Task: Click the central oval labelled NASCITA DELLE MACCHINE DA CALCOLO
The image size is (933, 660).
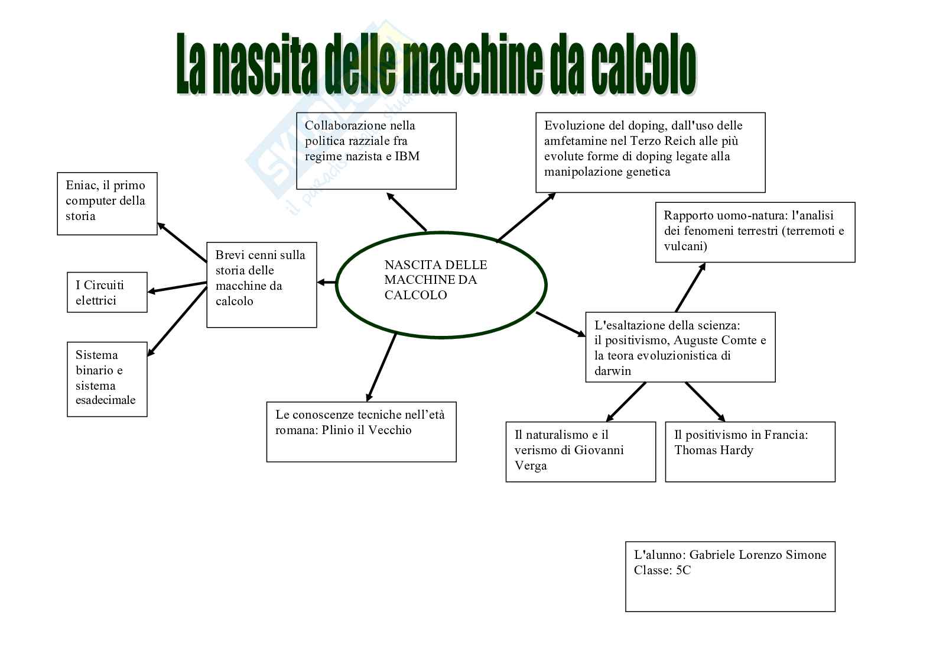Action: [x=441, y=284]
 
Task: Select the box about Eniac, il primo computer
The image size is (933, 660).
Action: [x=107, y=203]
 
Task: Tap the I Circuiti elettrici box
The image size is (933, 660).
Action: [x=107, y=292]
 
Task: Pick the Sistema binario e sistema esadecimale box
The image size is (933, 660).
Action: [x=107, y=379]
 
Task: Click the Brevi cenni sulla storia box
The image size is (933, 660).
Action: [x=261, y=284]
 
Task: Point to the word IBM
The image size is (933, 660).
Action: [x=407, y=157]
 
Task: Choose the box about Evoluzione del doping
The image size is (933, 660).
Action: [x=650, y=152]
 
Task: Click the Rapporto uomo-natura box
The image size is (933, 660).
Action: [x=755, y=232]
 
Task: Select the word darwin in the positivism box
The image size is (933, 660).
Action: [x=613, y=371]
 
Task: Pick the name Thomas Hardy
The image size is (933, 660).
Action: [x=714, y=451]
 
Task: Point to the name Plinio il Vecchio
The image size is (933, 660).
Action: [x=366, y=431]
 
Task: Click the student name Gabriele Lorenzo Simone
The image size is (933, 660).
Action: [x=758, y=555]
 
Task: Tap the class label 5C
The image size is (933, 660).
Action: [x=682, y=571]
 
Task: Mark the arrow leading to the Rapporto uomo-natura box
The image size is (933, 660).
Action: [x=690, y=287]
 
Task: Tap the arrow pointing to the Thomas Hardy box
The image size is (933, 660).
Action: [x=705, y=402]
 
